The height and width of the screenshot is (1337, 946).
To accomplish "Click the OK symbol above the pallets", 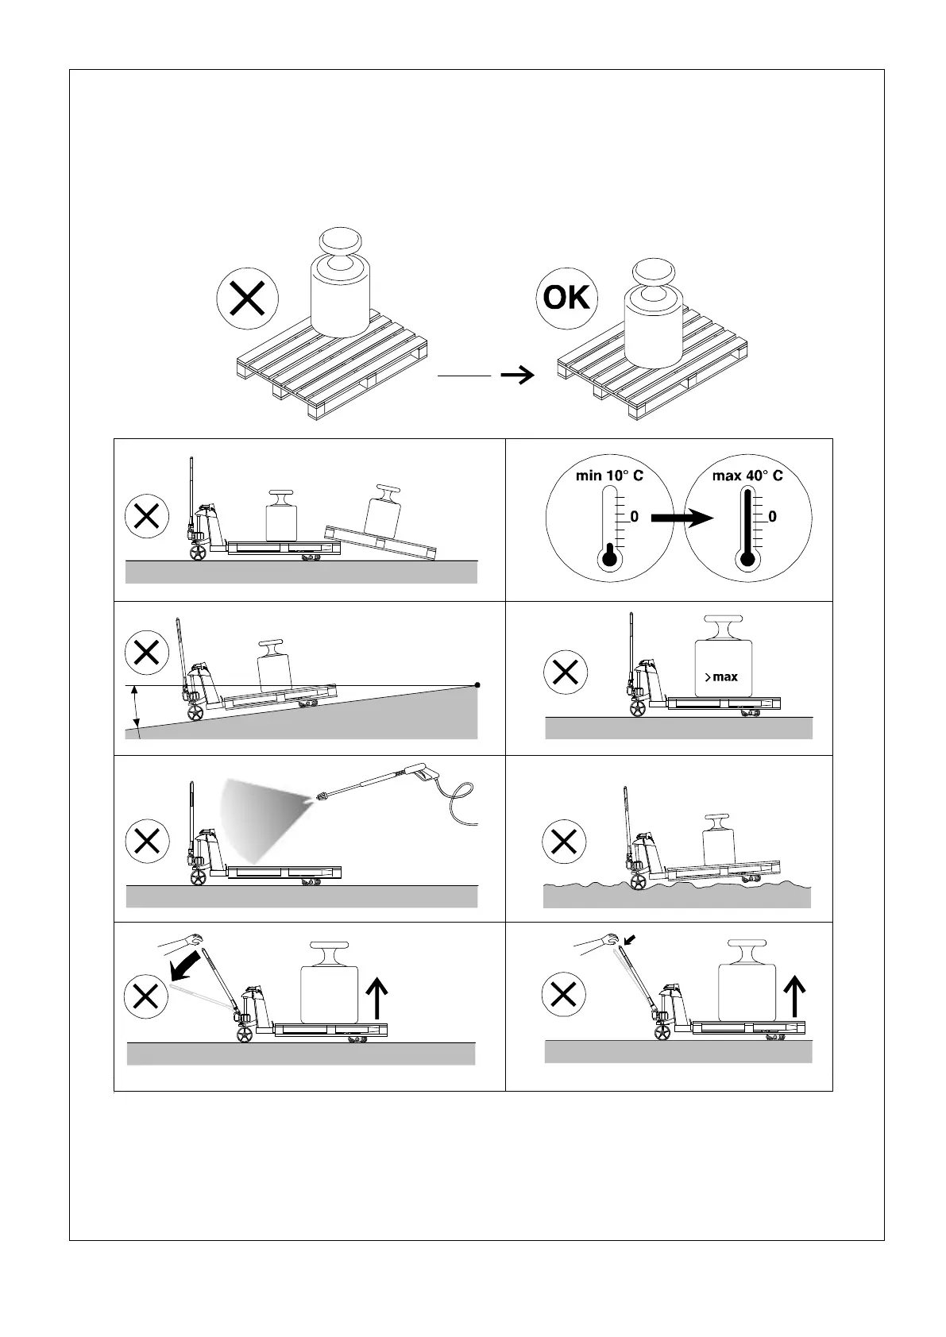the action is pos(566,299).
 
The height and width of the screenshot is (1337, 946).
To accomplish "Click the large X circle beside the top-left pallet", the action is pos(248,299).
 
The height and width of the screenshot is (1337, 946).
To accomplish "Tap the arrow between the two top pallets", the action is pos(518,375).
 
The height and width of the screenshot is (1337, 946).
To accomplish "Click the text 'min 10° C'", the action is pos(609,476).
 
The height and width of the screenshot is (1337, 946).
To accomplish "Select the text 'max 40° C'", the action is pos(747,476).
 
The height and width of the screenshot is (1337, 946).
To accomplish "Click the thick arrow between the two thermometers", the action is pos(682,518).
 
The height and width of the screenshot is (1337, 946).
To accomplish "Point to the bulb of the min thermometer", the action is pos(609,558).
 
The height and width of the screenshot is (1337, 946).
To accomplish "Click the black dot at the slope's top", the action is pos(477,684).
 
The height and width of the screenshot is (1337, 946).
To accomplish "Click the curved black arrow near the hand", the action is pos(187,965).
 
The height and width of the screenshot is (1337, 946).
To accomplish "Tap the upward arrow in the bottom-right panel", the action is pos(794,996).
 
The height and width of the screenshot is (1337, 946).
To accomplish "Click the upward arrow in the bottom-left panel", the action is pos(378,997).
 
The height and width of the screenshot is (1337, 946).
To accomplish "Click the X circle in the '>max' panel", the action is pos(565,672).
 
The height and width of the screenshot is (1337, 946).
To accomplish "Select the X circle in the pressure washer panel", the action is pos(147,841).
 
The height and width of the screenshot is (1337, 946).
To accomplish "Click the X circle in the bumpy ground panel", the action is pos(563,841).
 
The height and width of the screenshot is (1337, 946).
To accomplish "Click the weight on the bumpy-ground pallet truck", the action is pos(720,841).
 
